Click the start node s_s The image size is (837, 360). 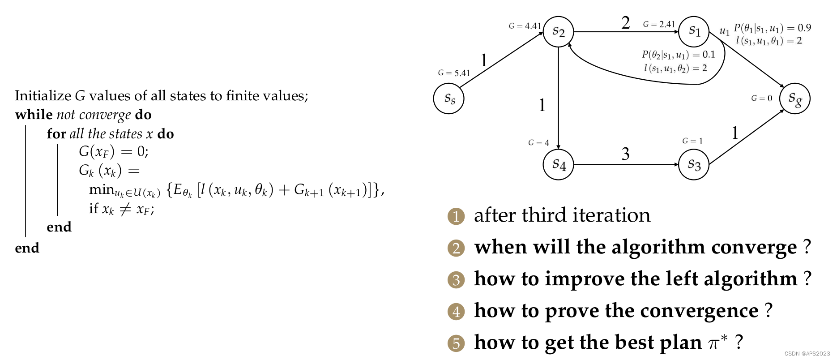point(448,99)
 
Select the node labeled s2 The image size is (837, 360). point(558,32)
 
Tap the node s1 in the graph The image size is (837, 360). point(694,32)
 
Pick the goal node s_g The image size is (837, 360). point(794,99)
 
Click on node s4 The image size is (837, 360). point(558,164)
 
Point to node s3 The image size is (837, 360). point(694,164)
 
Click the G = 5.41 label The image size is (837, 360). point(454,73)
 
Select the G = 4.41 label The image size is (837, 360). point(525,26)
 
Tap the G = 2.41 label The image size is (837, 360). point(659,24)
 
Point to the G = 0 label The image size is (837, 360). point(761,98)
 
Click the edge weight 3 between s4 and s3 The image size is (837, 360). point(625,154)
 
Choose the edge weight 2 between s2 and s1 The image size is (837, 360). point(625,22)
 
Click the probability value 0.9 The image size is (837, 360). point(804,28)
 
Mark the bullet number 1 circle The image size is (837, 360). point(456,217)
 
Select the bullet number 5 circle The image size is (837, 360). point(456,343)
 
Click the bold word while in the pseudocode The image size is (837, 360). point(34,115)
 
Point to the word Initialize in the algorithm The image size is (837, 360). point(43,96)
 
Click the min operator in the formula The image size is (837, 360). point(102,190)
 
